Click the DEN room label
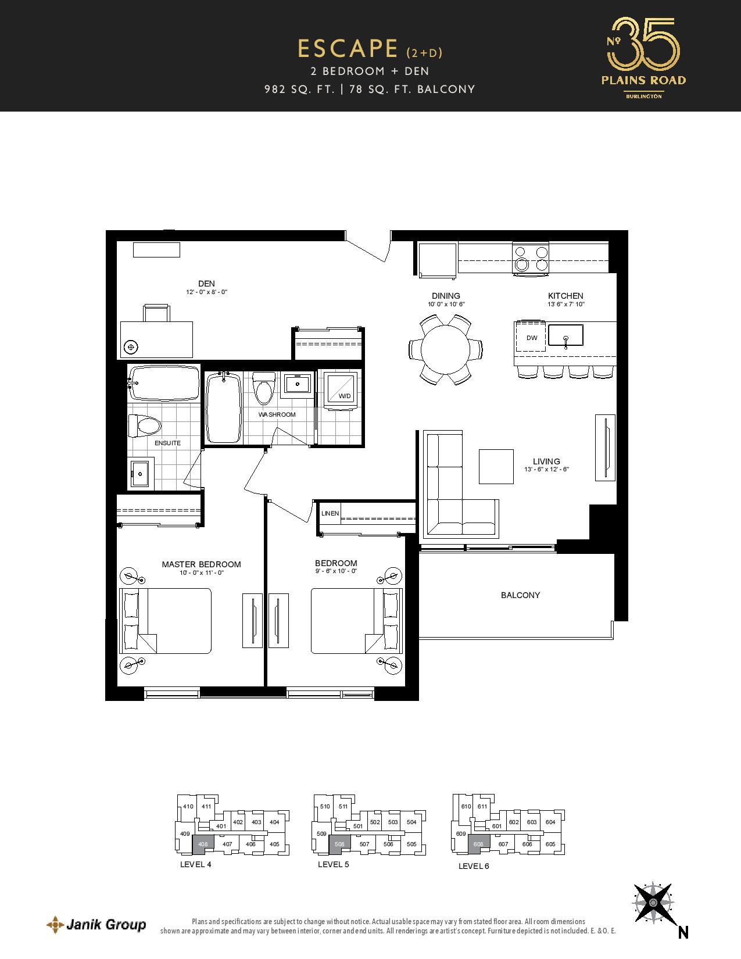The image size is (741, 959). click(206, 283)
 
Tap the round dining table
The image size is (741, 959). click(445, 349)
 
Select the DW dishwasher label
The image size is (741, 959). click(532, 338)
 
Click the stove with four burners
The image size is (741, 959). click(531, 259)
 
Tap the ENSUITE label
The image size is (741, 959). click(167, 443)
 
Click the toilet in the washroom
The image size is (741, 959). click(264, 388)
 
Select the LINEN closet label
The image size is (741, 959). click(330, 513)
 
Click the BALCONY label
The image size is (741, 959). click(520, 595)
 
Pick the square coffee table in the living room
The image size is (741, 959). click(496, 466)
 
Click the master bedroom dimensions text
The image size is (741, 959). click(201, 573)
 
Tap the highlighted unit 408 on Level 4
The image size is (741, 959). click(203, 844)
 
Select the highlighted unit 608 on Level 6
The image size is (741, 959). click(478, 844)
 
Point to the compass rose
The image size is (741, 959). click(653, 903)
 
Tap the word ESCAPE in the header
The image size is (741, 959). click(348, 49)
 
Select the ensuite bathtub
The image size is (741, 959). click(164, 382)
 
